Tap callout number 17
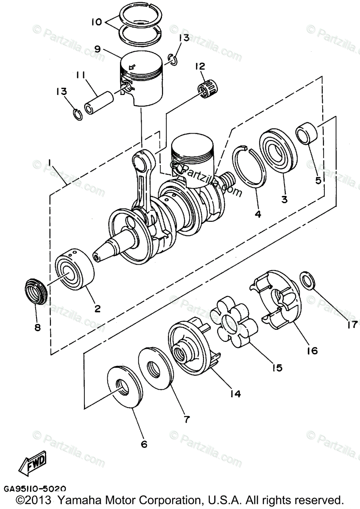(352, 324)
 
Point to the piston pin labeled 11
(99, 103)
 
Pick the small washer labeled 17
(308, 281)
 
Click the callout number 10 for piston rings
(97, 22)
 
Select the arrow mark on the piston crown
(132, 67)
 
